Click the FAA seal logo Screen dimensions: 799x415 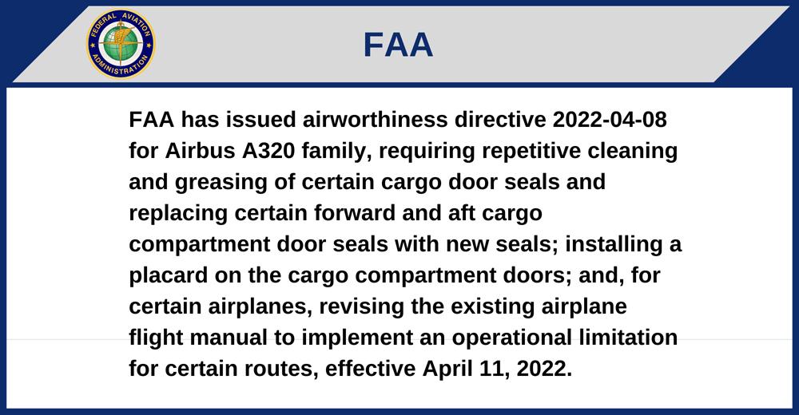(121, 45)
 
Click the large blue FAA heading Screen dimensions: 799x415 (398, 45)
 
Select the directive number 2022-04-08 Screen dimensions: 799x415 (610, 120)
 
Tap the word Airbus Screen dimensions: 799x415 (201, 151)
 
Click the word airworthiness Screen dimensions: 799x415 (375, 120)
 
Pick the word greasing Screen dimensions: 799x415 (221, 182)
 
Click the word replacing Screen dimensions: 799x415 (178, 213)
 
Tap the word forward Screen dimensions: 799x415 (355, 213)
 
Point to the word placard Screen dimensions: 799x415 (169, 275)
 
